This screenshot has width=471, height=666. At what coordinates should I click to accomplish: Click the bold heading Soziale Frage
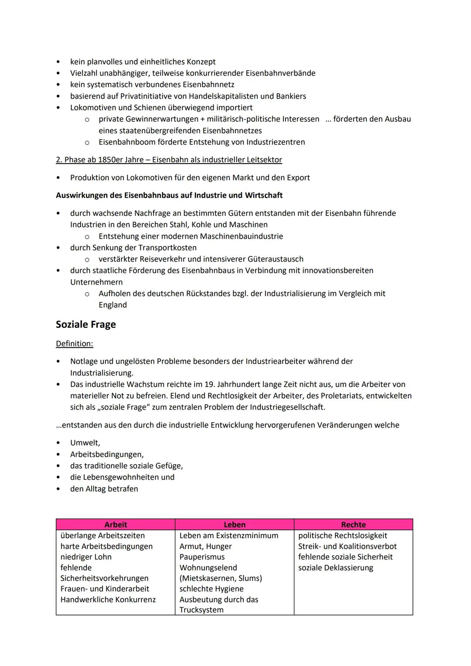[x=86, y=324]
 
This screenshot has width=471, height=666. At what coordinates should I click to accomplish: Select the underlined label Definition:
[x=75, y=344]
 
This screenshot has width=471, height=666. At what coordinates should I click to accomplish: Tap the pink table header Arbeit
[x=116, y=525]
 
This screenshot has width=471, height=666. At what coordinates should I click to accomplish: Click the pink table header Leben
[x=235, y=525]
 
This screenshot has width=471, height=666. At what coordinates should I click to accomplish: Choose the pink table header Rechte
[x=353, y=525]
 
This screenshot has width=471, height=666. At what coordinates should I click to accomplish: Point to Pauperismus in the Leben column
[x=202, y=557]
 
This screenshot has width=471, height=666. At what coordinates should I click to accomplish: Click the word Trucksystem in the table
[x=201, y=610]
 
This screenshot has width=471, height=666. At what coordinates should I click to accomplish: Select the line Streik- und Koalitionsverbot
[x=347, y=546]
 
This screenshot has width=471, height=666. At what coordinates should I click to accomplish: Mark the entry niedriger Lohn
[x=86, y=557]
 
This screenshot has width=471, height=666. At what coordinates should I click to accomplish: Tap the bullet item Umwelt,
[x=85, y=443]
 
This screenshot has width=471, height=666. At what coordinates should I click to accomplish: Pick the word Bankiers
[x=291, y=96]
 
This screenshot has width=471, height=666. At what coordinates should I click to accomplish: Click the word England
[x=113, y=305]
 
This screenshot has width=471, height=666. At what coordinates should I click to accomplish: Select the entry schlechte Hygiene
[x=212, y=589]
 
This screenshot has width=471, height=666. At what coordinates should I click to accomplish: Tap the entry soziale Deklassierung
[x=336, y=567]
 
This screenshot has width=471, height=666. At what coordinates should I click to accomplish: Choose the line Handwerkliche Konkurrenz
[x=108, y=599]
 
